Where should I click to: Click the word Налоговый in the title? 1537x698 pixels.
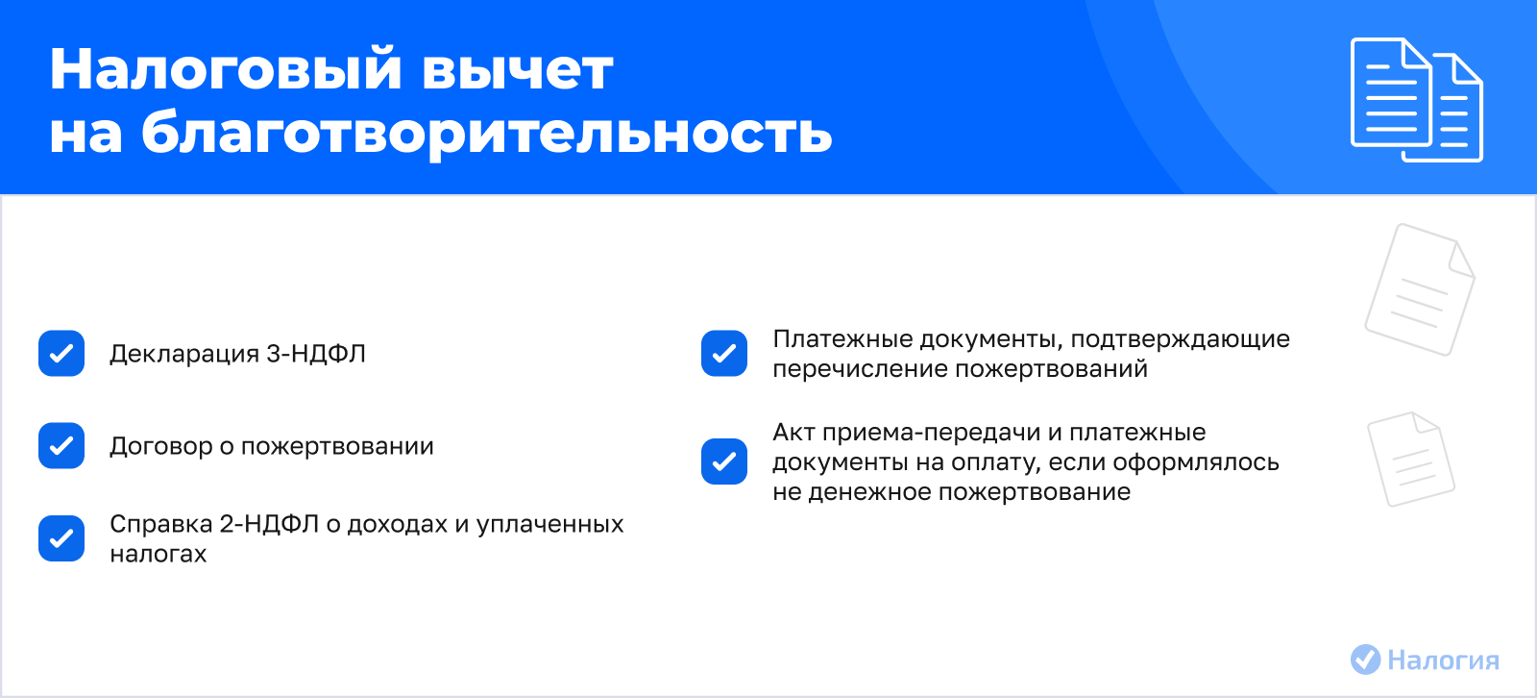pos(225,71)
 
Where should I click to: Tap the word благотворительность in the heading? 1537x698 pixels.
pos(486,134)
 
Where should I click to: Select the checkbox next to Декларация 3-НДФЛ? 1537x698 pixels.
pos(61,353)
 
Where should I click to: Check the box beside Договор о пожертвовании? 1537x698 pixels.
pos(61,445)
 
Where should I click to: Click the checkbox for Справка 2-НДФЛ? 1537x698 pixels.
pos(61,538)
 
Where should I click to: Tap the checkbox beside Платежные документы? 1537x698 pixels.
pos(724,353)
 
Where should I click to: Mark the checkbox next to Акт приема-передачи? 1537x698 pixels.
pos(724,461)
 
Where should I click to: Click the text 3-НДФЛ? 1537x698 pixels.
pos(316,354)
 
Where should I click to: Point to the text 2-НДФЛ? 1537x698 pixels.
pos(269,524)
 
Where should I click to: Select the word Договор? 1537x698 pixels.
pos(161,446)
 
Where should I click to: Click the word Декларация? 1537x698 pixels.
pos(183,355)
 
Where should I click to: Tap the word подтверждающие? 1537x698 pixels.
pos(1181,339)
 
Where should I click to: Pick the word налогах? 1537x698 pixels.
pos(158,554)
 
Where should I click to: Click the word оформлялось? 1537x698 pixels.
pos(1196,462)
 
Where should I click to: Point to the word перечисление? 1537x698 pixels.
pos(861,369)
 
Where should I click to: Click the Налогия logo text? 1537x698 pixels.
pos(1443,661)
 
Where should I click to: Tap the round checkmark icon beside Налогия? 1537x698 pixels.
pos(1365,660)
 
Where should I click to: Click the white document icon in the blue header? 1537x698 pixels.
pos(1416,100)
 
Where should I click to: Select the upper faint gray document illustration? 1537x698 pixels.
pos(1420,289)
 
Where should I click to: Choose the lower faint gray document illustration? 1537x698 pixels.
pos(1411,459)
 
